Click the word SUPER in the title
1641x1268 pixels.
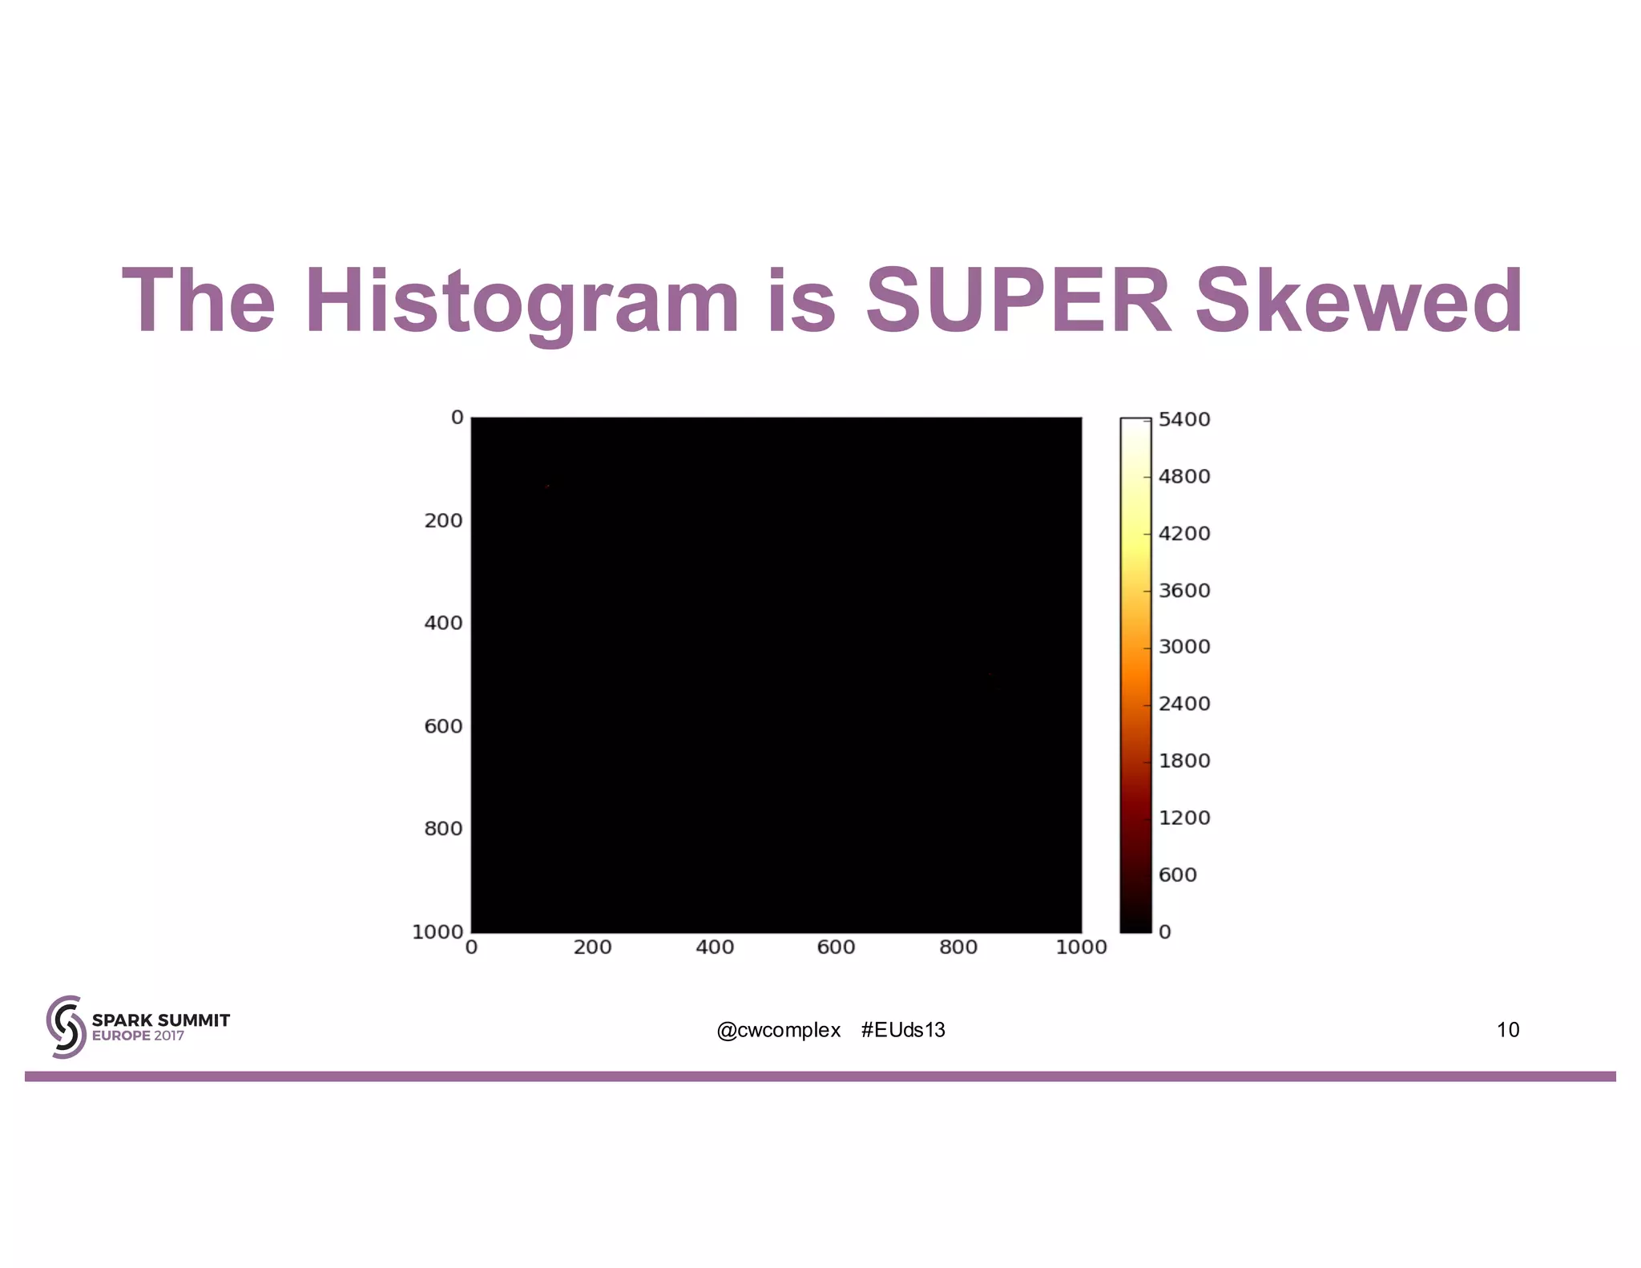1018,301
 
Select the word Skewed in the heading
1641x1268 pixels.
1359,301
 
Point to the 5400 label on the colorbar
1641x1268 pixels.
1183,419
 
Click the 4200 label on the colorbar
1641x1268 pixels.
1183,534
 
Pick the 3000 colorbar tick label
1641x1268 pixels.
1183,647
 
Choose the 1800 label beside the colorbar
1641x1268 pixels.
1183,761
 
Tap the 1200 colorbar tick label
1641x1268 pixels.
1183,818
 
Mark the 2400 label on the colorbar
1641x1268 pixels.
1183,704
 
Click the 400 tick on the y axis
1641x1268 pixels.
443,623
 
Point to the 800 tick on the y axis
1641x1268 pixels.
443,829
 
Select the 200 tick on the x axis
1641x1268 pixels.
593,947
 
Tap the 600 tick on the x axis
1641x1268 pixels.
836,947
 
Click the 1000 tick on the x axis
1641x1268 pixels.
1081,947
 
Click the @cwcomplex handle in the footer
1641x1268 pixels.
778,1030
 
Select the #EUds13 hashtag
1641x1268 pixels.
903,1030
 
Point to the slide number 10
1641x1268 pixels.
1507,1030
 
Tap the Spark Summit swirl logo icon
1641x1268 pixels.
66,1027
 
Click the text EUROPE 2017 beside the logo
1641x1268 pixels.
138,1036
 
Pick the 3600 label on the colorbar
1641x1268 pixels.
1183,591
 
